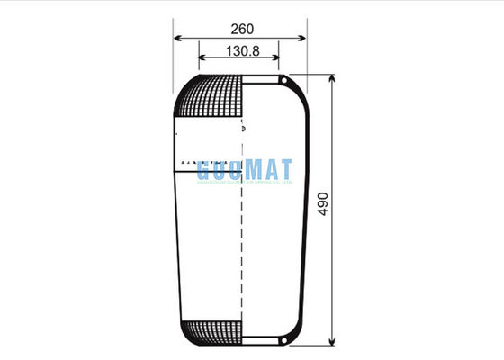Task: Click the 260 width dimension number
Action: [240, 29]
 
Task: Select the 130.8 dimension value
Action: [240, 51]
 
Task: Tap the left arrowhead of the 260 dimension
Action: [178, 40]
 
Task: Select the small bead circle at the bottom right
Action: [283, 339]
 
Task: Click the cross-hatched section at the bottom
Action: [214, 331]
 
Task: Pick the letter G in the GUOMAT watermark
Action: [204, 170]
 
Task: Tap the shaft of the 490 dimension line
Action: [332, 270]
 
